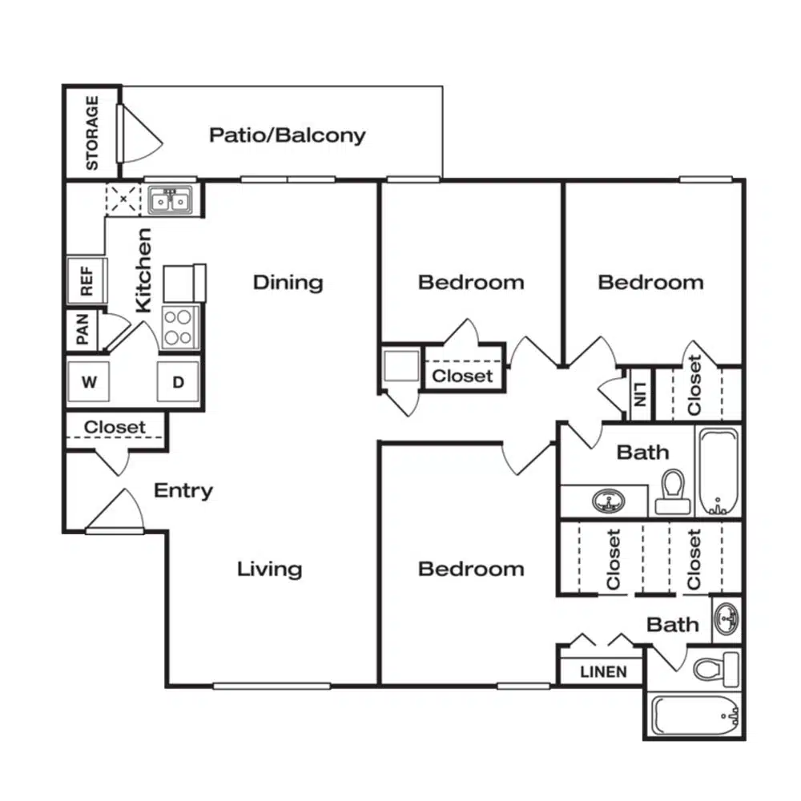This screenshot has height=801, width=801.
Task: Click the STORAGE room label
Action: [x=92, y=133]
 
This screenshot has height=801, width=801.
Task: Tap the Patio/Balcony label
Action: [x=288, y=135]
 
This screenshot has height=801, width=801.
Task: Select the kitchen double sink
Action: [x=171, y=199]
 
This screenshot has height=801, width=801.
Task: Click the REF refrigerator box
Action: [x=87, y=280]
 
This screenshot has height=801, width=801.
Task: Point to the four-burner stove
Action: [x=179, y=327]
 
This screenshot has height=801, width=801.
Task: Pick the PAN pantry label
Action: [x=83, y=329]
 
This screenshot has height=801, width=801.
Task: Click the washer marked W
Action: [x=88, y=381]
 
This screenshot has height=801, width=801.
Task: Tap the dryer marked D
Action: [x=178, y=381]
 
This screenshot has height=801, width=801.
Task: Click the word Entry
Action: [x=183, y=491]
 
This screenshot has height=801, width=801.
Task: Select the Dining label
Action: [x=288, y=283]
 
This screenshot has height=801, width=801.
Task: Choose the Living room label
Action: [x=270, y=569]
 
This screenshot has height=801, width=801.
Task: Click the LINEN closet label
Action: [x=603, y=672]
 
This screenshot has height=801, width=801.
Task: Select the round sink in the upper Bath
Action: [x=609, y=501]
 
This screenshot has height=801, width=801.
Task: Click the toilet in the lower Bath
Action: [x=715, y=669]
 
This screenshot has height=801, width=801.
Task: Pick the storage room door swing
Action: [x=140, y=134]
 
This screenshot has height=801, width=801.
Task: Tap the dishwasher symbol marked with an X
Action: [x=123, y=199]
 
